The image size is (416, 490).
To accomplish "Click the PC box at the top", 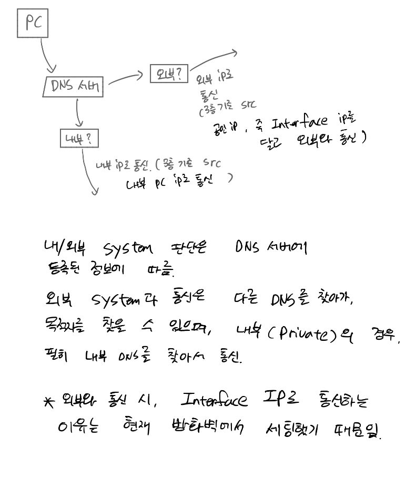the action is [x=33, y=24].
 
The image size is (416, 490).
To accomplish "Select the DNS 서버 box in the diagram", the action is [x=74, y=87].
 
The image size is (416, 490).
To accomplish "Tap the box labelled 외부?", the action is [x=169, y=74].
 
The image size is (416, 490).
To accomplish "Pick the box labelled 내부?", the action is [x=79, y=139].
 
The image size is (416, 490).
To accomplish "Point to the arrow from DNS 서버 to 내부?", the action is [x=78, y=113].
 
